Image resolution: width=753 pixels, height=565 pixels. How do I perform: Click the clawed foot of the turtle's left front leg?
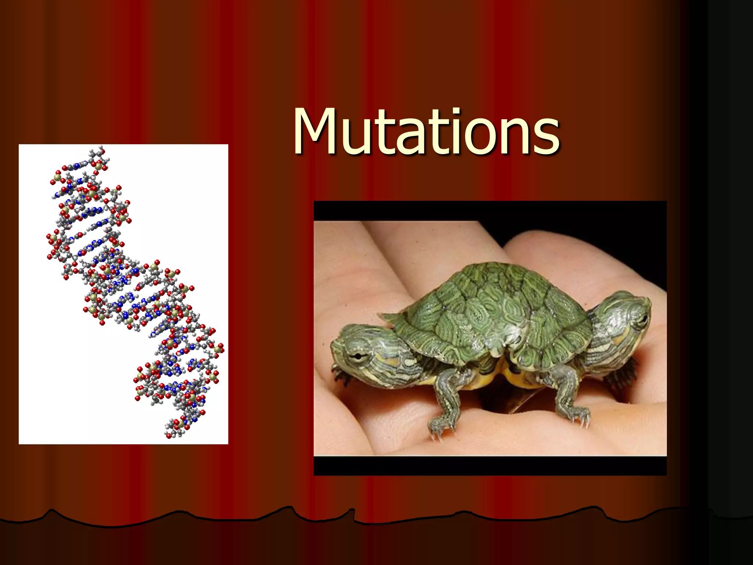441,427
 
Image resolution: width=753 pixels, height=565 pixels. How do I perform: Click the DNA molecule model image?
124,294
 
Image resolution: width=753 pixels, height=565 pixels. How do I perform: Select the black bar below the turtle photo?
490,466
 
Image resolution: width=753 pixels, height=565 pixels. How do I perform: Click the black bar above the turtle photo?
490,210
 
